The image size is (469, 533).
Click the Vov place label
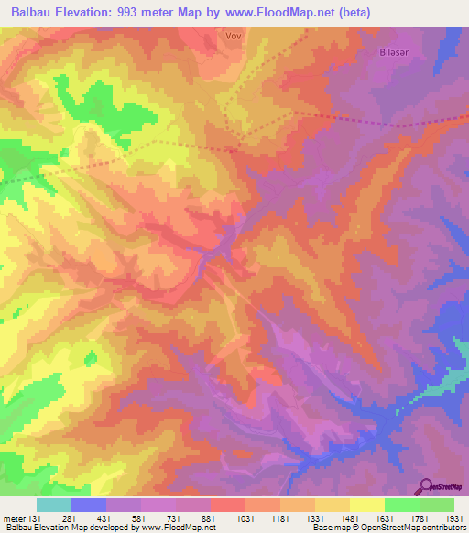[x=233, y=36]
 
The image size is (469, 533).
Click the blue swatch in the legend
[x=88, y=505]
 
